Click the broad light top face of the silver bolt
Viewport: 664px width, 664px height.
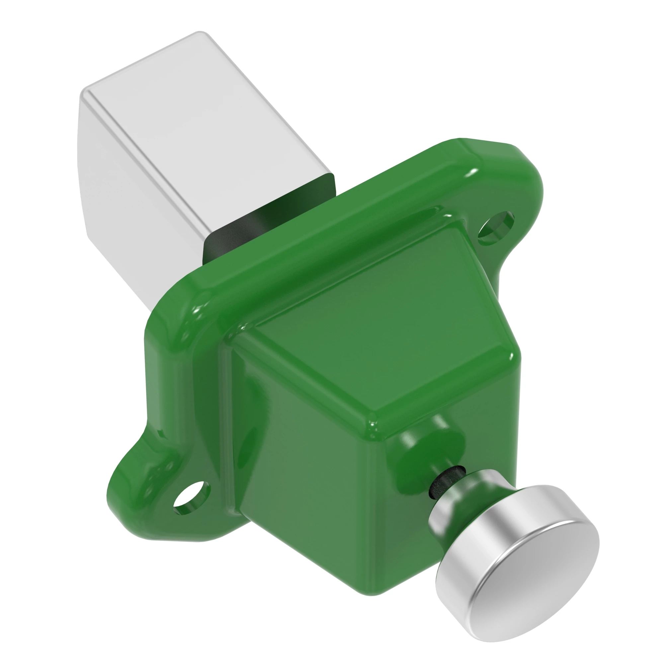(206, 130)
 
